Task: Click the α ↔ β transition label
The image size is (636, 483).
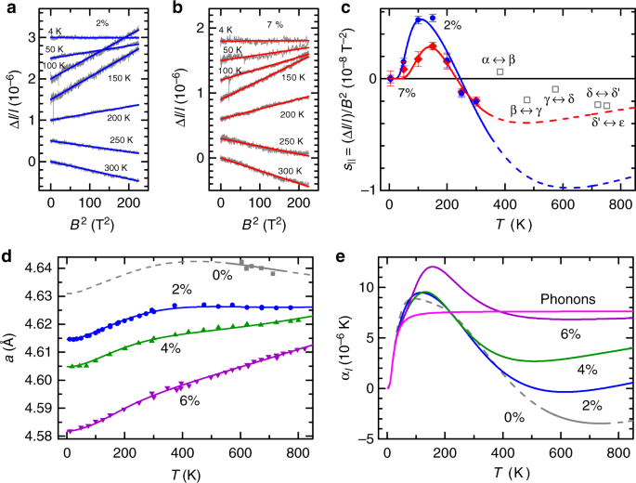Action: [x=499, y=59]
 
